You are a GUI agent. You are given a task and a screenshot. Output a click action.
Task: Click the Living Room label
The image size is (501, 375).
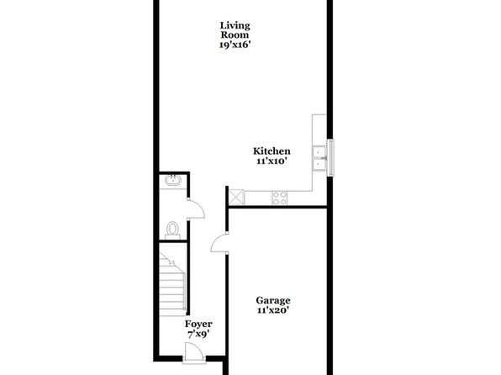235,29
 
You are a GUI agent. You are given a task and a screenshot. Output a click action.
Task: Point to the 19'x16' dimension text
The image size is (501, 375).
235,45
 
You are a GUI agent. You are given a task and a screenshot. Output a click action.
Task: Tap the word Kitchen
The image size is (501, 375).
272,151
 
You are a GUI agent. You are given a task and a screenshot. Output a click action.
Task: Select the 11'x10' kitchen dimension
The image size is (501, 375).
271,161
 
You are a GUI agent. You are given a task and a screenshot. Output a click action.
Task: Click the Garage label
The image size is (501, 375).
273,300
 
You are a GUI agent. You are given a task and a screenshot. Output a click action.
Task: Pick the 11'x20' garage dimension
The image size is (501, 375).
273,310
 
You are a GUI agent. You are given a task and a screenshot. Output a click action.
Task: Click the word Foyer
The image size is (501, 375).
198,325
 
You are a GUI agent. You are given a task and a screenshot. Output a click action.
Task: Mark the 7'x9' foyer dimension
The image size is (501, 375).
198,335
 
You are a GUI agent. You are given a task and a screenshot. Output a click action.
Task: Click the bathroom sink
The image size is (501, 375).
173,180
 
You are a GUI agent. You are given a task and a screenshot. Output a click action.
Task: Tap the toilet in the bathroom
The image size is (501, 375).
173,230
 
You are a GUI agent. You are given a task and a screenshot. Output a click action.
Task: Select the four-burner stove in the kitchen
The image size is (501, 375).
280,198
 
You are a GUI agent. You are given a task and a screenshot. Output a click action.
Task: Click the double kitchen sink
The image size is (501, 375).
319,158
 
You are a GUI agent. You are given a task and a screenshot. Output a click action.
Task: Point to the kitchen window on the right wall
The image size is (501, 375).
331,157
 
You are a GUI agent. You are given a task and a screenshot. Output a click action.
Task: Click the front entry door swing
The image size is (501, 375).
194,352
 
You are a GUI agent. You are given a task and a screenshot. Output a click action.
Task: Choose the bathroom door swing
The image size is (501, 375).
196,209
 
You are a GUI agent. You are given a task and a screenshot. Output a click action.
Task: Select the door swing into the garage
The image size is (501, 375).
219,243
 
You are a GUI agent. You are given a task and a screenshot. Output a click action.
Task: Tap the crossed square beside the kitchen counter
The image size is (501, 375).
237,197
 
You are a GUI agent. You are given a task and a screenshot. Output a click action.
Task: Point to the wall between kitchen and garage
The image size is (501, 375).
277,208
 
